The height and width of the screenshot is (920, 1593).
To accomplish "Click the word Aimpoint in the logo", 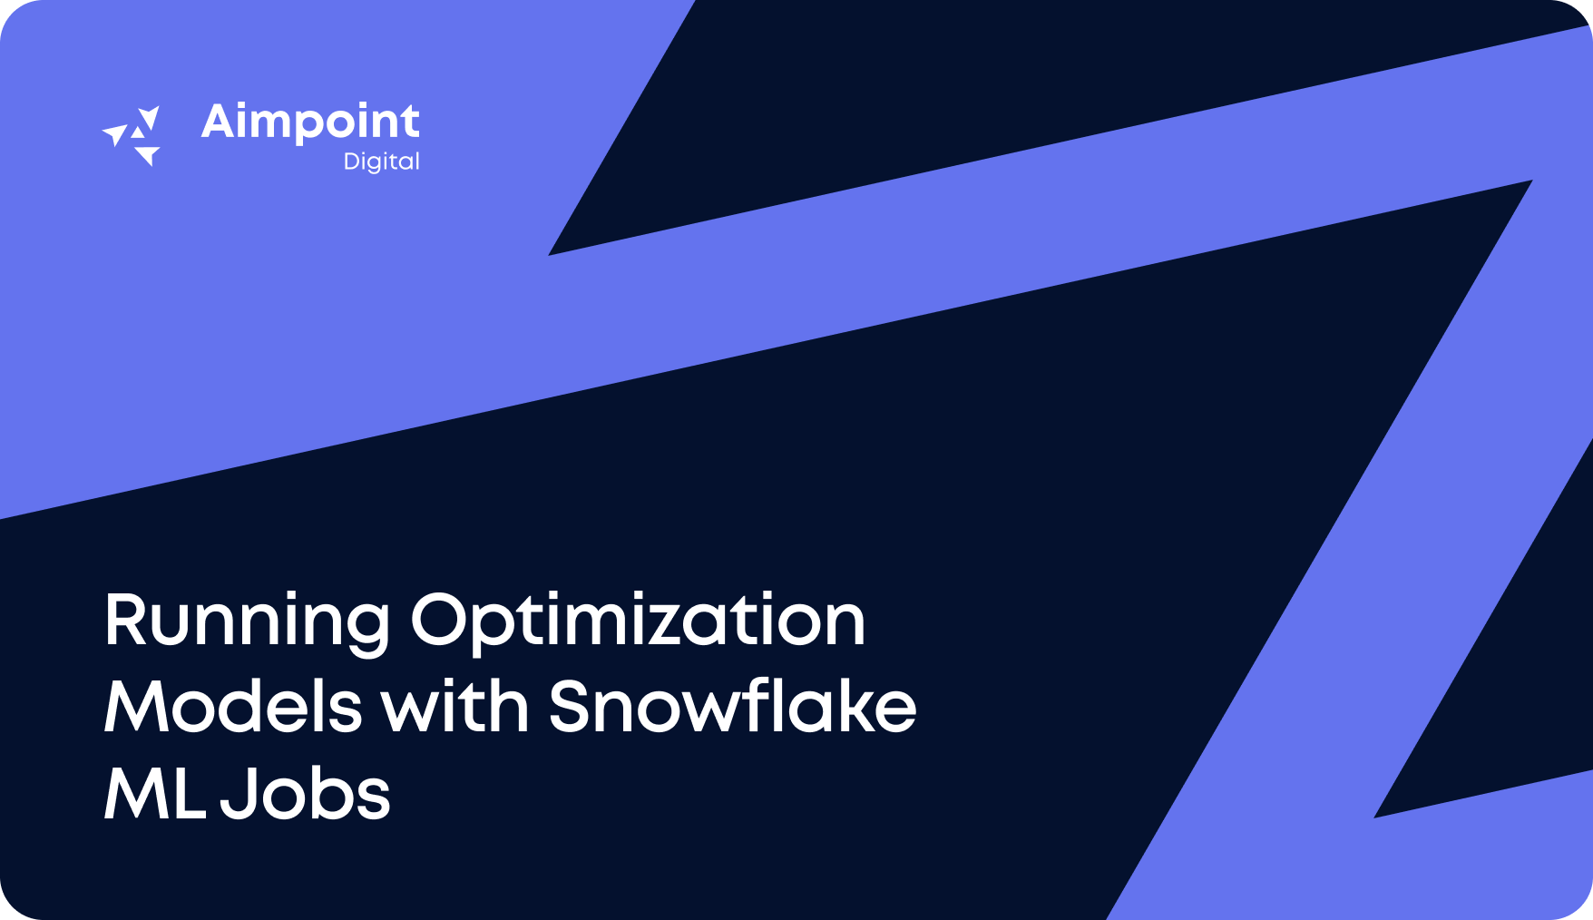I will [x=310, y=122].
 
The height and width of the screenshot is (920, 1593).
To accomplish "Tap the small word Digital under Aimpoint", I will [x=381, y=161].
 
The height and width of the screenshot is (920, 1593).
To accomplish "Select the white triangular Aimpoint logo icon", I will [x=132, y=136].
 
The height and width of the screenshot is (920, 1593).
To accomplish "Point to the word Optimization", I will [x=638, y=622].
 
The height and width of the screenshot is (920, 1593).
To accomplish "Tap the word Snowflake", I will [x=733, y=708].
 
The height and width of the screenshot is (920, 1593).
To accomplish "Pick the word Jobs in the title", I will [x=306, y=795].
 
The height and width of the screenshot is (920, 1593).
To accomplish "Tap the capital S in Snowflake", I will [x=573, y=708].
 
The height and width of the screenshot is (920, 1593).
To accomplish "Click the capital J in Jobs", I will [x=238, y=795].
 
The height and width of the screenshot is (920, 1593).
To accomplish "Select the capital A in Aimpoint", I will [x=219, y=122].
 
